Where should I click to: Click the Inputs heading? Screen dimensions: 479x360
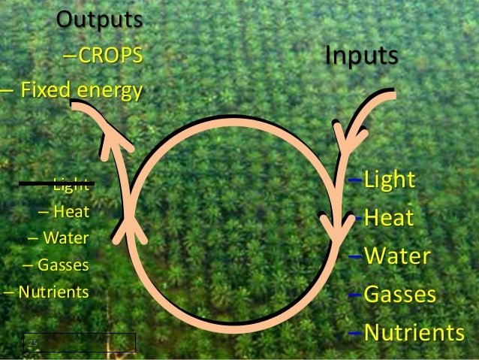(361, 56)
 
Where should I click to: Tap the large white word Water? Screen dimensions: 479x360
(397, 256)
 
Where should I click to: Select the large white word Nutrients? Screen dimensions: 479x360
(414, 332)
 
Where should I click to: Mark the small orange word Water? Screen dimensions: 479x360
(65, 239)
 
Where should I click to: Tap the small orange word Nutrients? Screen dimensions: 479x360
(53, 292)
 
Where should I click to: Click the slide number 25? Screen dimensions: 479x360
(32, 344)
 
